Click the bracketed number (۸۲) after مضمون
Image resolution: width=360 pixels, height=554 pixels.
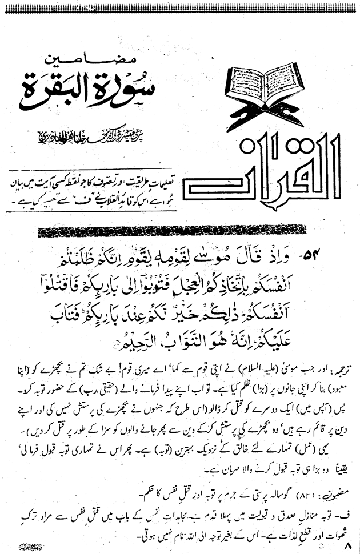(306, 475)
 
